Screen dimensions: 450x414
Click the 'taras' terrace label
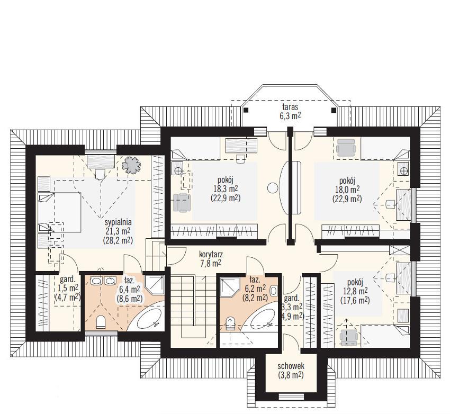click(x=290, y=107)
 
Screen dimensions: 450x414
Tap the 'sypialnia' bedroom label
click(x=118, y=222)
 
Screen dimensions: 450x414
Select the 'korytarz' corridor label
click(x=211, y=254)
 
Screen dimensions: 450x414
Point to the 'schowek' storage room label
click(x=291, y=366)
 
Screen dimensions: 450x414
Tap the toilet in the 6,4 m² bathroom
click(x=101, y=321)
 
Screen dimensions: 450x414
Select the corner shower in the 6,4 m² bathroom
click(x=155, y=285)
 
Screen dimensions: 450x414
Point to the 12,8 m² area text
click(x=355, y=292)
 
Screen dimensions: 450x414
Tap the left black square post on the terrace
click(x=246, y=110)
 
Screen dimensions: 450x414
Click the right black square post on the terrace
click(x=334, y=110)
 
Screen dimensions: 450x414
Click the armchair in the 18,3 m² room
click(x=182, y=203)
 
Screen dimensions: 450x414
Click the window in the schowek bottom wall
click(x=291, y=397)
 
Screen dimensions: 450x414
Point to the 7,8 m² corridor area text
click(x=211, y=263)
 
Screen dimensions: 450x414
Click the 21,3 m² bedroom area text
click(x=118, y=231)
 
